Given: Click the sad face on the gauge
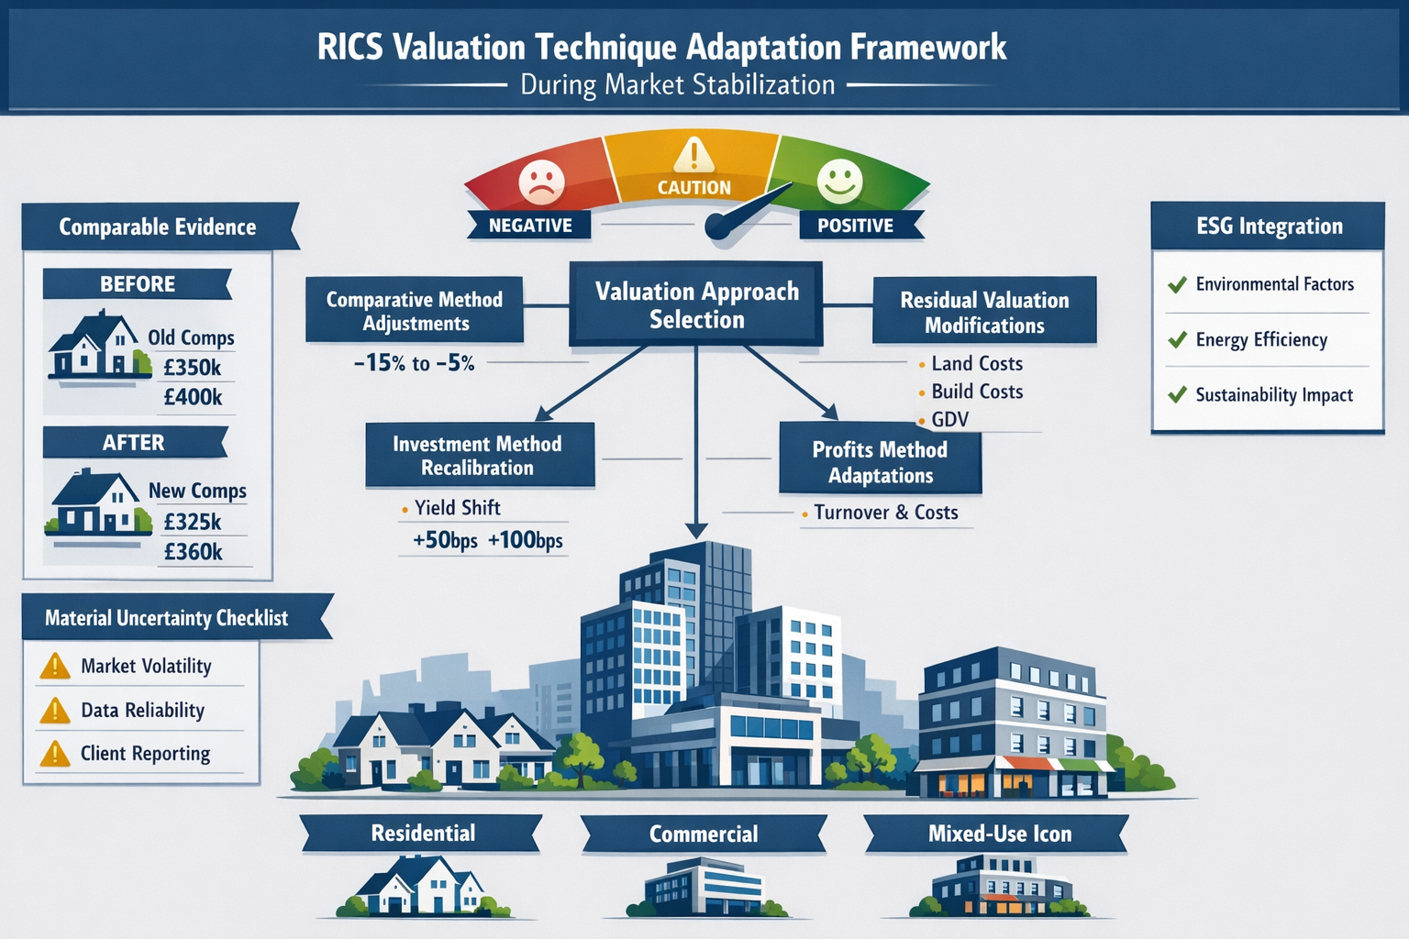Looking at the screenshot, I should [541, 181].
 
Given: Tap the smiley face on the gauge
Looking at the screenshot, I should [839, 180].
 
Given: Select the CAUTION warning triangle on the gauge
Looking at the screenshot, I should [693, 155].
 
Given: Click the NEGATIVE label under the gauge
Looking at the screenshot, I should [530, 226].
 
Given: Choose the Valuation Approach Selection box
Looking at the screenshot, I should [696, 305].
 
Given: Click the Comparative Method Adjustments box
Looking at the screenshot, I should [415, 311].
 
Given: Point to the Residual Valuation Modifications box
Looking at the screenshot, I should [984, 312].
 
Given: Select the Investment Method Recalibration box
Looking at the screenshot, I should [478, 455].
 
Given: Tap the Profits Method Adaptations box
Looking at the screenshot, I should [880, 462].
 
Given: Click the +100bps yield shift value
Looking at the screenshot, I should [525, 540].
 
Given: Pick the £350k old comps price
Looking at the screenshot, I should [192, 368].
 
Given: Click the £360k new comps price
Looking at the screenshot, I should [193, 552].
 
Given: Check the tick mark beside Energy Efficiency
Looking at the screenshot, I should [1177, 340].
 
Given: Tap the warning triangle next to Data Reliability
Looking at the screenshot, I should [55, 711].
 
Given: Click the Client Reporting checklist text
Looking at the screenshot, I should [145, 754].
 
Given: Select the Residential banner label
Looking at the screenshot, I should [423, 834].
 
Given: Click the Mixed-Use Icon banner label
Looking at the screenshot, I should [999, 834].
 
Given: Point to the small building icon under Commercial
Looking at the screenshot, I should [704, 889].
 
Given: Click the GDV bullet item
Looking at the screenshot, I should [949, 419].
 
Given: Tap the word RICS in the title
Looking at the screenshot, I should [349, 48].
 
